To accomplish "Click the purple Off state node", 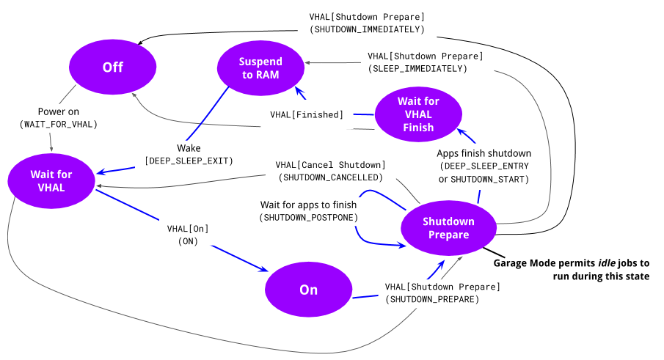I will pyautogui.click(x=112, y=67).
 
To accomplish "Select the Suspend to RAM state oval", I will pyautogui.click(x=260, y=68).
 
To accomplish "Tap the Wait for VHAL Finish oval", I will pyautogui.click(x=418, y=114).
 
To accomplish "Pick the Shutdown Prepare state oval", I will pyautogui.click(x=448, y=228).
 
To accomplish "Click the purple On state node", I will pyautogui.click(x=308, y=290).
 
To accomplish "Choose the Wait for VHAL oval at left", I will pyautogui.click(x=51, y=180).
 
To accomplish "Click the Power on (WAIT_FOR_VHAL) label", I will pyautogui.click(x=59, y=118).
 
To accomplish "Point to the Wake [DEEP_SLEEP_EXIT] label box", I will pyautogui.click(x=189, y=155).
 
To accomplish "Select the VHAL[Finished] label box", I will pyautogui.click(x=306, y=114).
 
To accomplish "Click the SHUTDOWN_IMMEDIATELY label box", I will pyautogui.click(x=367, y=23).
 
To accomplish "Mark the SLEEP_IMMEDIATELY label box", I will pyautogui.click(x=426, y=62).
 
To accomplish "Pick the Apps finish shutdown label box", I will pyautogui.click(x=484, y=166).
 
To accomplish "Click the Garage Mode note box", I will pyautogui.click(x=571, y=269).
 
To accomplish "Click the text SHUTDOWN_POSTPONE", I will pyautogui.click(x=308, y=218).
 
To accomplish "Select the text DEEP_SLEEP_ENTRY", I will pyautogui.click(x=484, y=166).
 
